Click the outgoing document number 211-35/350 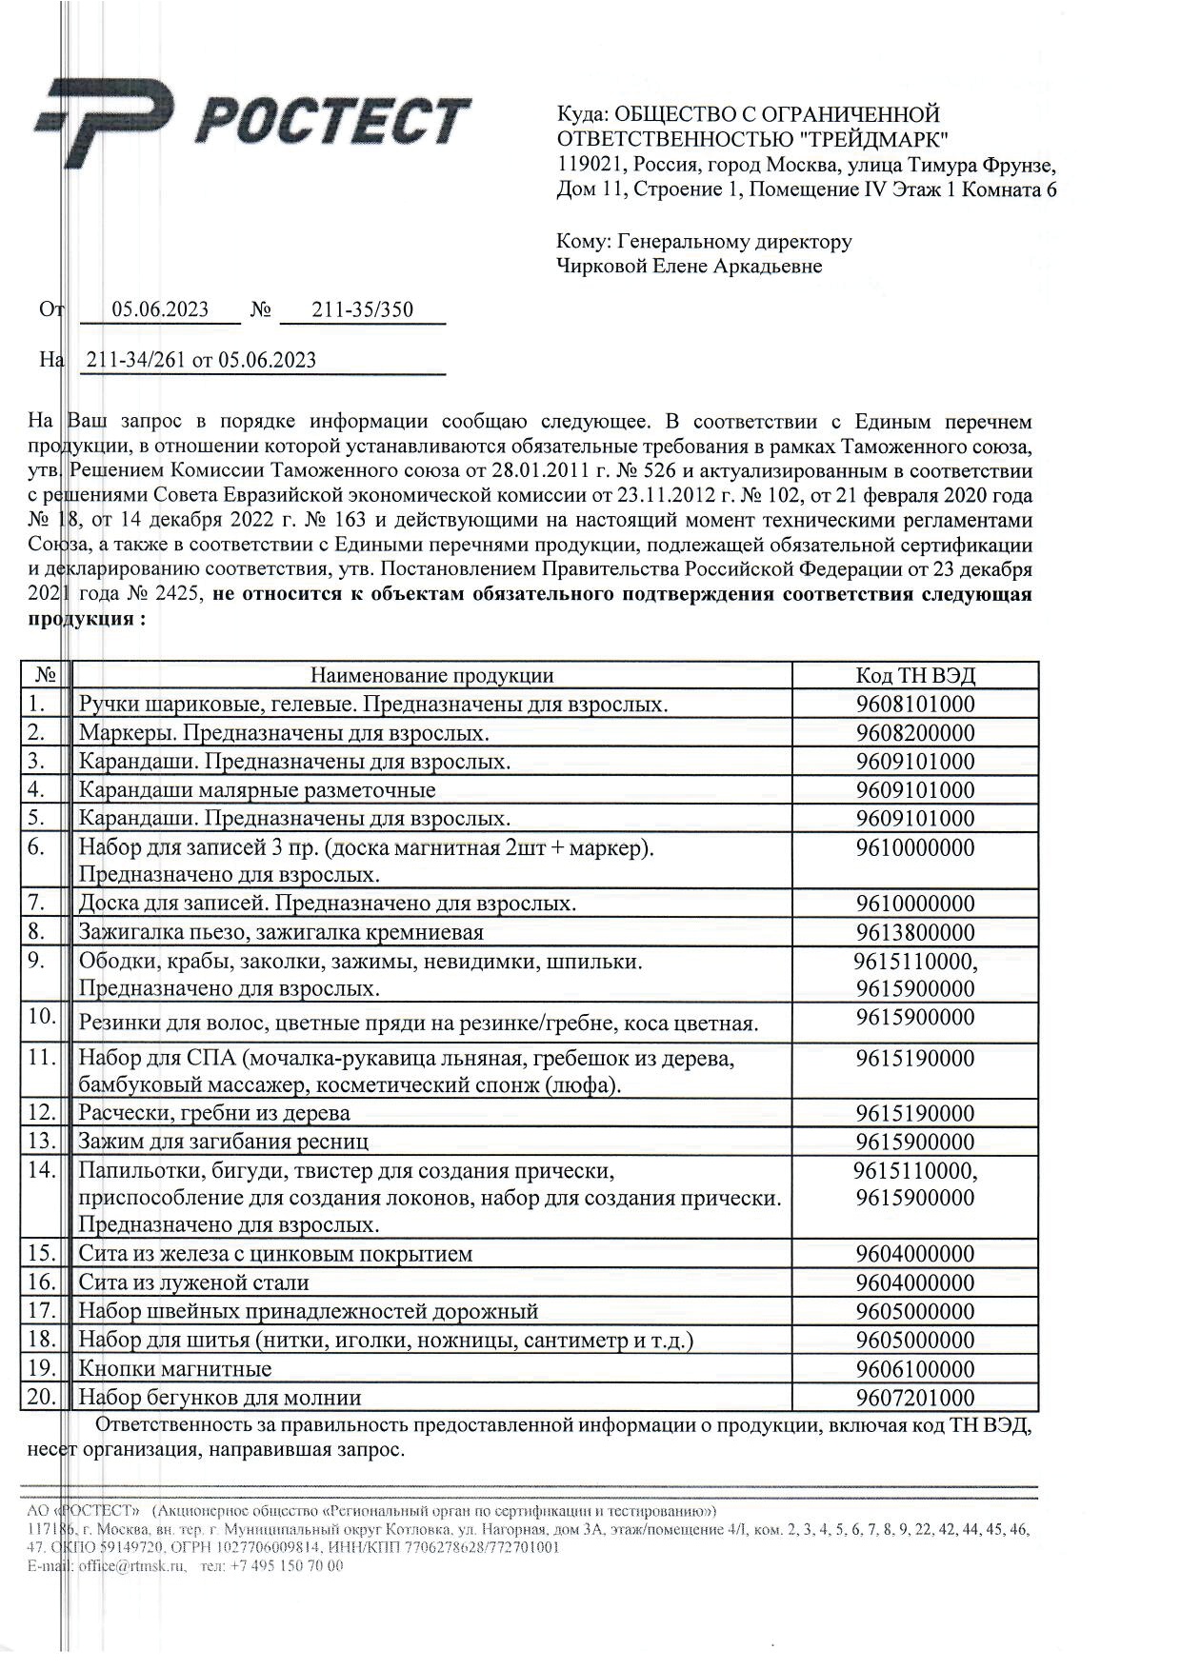(363, 309)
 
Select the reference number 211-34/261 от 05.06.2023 (201, 360)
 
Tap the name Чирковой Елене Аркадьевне (689, 267)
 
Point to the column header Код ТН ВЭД (914, 676)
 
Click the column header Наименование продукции (431, 676)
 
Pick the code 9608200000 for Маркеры (914, 733)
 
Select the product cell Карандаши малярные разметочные (257, 790)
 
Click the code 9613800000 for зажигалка (914, 932)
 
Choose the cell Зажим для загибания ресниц (223, 1142)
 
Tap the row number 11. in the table (43, 1057)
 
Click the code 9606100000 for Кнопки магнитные (914, 1369)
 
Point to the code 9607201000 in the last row (914, 1398)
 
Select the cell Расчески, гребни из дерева (214, 1113)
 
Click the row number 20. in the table (43, 1398)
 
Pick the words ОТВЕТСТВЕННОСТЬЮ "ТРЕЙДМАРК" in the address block (753, 140)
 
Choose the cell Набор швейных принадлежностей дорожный (308, 1311)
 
